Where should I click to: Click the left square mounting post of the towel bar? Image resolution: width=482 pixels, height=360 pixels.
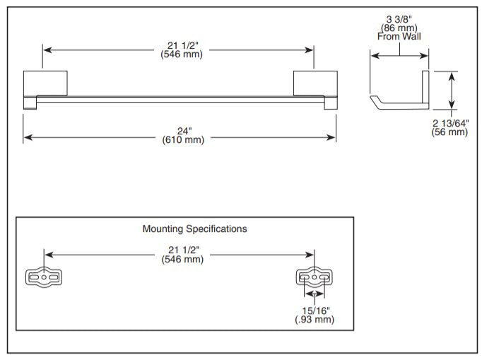point(45,83)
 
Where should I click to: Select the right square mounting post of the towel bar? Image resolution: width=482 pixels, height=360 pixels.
point(315,83)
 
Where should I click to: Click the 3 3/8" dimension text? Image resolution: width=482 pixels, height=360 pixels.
point(399,18)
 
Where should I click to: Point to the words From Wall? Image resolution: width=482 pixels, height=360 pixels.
point(399,36)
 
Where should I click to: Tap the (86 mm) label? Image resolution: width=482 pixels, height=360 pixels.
point(399,28)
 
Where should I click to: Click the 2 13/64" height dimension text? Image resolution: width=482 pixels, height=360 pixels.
point(450,123)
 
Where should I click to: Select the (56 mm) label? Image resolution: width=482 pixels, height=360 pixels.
point(450,132)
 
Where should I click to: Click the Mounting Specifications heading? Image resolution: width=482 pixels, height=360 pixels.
point(195,228)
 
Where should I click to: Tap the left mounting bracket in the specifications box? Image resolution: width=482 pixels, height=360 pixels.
point(45,279)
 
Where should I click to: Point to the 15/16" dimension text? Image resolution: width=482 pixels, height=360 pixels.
point(315,310)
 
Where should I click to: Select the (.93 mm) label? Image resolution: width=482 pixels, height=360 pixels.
point(315,320)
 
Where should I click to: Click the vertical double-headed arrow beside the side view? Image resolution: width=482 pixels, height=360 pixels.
point(453,90)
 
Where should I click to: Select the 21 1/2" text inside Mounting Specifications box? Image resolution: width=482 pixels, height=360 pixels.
point(180,250)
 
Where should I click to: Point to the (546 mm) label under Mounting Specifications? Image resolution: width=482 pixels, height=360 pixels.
point(180,259)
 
